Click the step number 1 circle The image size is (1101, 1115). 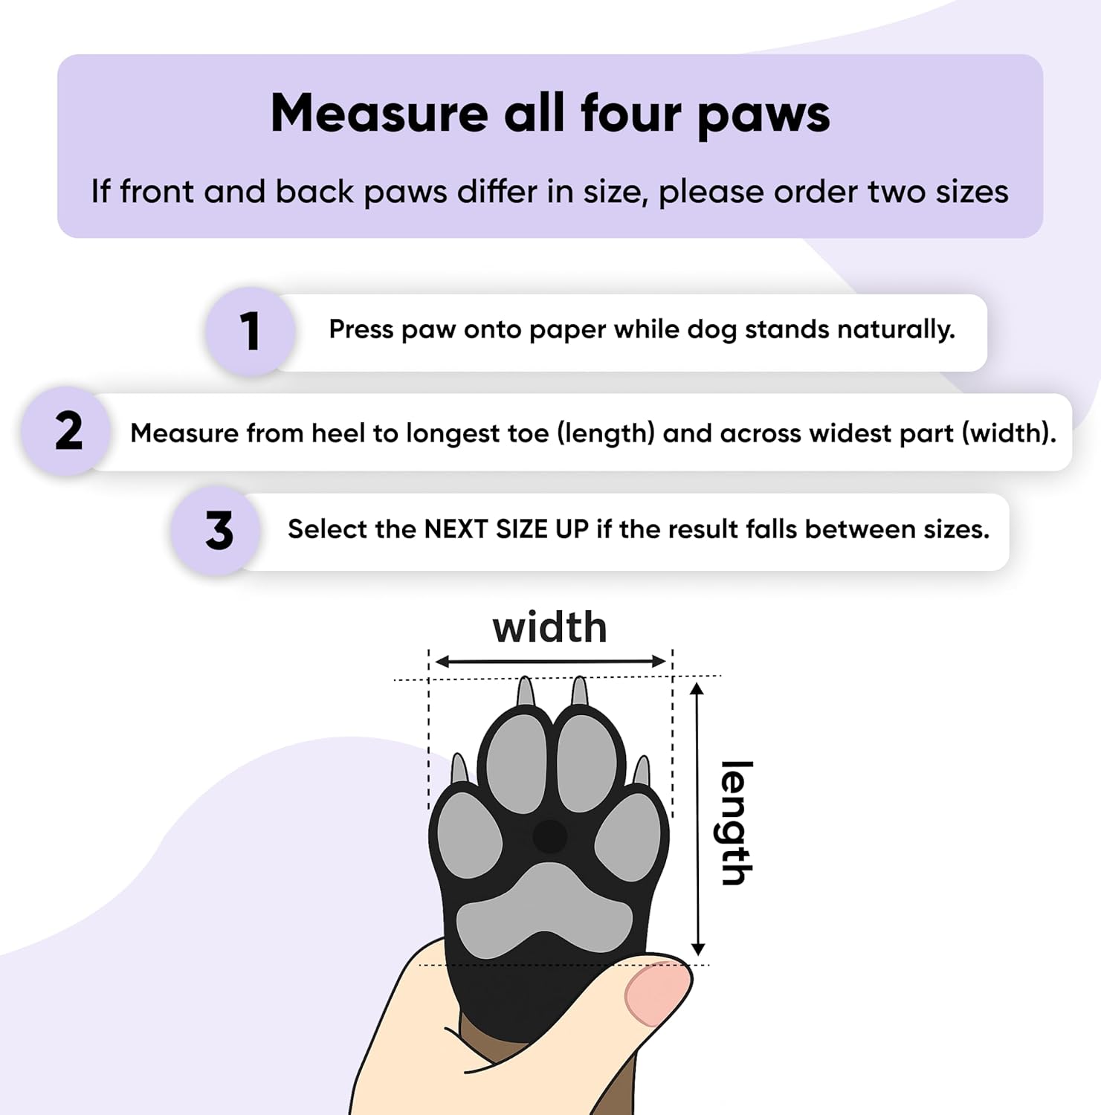251,332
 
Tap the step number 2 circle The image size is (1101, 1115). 68,431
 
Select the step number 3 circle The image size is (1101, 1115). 217,531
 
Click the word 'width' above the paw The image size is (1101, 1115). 549,627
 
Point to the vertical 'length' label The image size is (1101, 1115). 737,823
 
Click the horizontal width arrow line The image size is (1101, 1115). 550,662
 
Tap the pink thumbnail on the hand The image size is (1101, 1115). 656,998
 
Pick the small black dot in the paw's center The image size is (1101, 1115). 550,837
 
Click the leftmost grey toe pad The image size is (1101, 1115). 469,834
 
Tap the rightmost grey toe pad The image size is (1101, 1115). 627,837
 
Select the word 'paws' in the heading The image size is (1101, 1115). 763,117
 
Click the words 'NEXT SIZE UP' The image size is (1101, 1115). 506,529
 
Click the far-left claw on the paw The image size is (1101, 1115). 459,769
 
